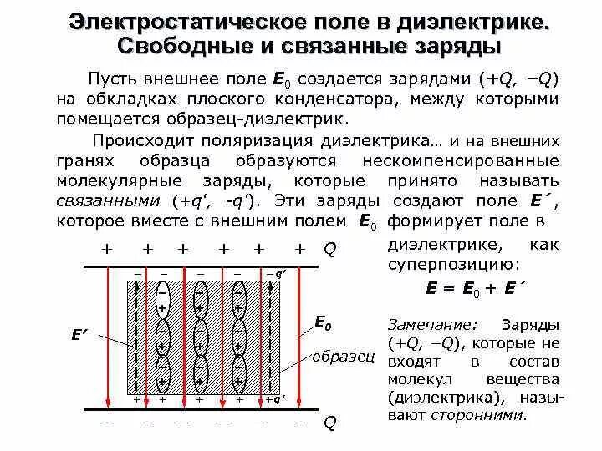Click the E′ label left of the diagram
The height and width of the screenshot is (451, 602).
80,336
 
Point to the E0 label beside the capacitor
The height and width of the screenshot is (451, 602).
323,322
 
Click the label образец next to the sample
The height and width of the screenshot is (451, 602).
342,357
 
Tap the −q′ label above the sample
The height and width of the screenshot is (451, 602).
276,274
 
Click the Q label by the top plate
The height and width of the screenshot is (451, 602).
329,250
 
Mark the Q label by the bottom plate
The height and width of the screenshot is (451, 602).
329,423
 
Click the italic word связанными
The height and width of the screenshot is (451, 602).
110,201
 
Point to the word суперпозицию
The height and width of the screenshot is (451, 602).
454,263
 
